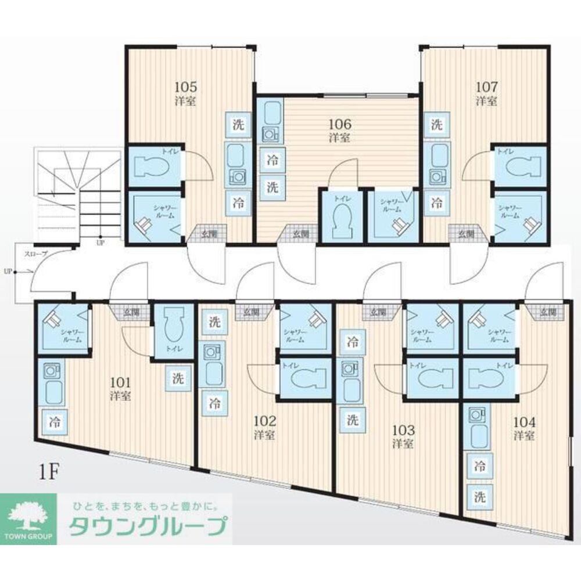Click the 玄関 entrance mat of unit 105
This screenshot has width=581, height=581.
pos(207,234)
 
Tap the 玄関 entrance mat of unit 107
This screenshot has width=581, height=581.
pos(465,234)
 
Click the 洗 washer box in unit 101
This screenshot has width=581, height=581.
pos(177,379)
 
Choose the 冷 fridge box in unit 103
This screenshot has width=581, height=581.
pos(353,341)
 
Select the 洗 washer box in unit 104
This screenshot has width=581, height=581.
pos(480,497)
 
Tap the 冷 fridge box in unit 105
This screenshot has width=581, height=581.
pos(238,203)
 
